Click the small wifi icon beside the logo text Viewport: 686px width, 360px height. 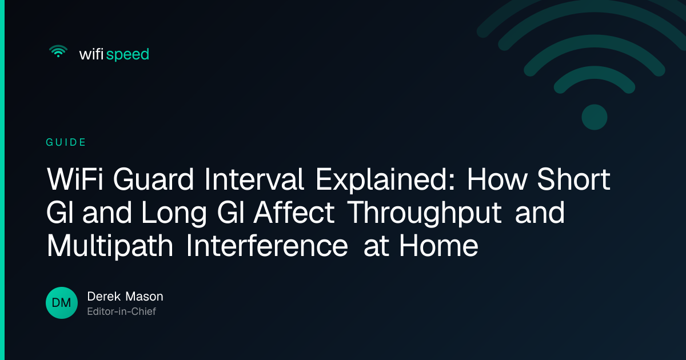point(58,51)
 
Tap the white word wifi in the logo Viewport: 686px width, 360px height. point(91,54)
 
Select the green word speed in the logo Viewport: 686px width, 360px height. point(127,55)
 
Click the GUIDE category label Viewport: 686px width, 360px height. point(66,142)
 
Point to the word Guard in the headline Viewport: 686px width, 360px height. point(153,179)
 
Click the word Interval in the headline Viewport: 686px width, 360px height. point(254,179)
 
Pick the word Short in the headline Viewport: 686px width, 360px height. point(573,179)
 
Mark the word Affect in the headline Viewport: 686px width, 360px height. point(294,212)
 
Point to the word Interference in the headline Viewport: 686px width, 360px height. point(267,246)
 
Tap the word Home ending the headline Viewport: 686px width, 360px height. point(438,246)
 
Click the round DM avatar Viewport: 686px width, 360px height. point(62,303)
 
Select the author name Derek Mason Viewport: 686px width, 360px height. point(125,297)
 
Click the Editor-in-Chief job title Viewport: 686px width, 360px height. point(122,311)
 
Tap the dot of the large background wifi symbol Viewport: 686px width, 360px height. point(595,117)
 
